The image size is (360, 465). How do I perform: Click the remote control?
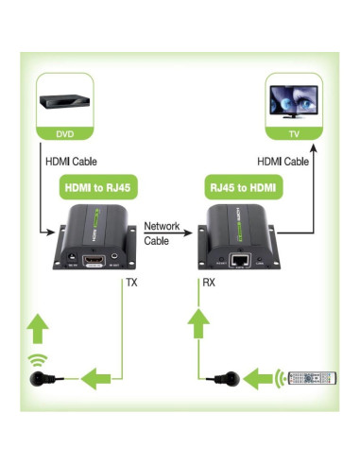[313, 380]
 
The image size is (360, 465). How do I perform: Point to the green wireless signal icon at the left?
[37, 361]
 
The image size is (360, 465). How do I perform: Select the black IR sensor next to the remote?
[222, 380]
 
